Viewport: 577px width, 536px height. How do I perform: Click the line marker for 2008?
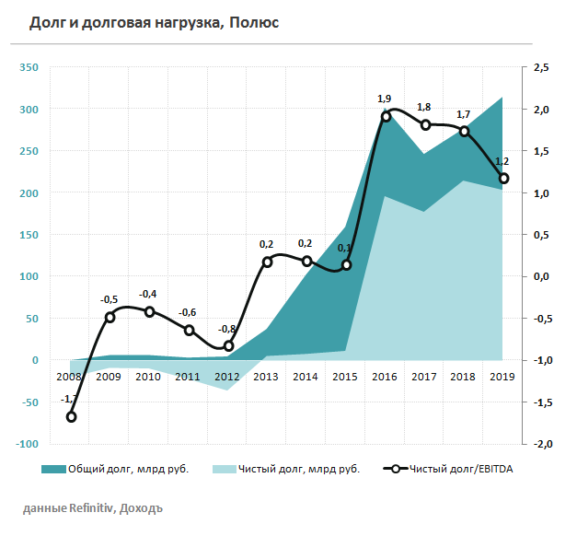point(71,417)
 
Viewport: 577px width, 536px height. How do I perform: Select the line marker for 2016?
point(386,116)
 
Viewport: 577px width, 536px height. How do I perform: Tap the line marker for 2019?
point(504,179)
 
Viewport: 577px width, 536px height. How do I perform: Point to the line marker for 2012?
point(229,346)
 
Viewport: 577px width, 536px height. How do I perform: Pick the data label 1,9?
point(385,98)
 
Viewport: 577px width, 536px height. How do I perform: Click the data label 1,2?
point(502,160)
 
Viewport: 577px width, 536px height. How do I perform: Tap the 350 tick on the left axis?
point(29,67)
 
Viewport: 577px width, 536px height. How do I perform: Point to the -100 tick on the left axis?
point(27,444)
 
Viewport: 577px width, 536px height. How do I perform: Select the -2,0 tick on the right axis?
point(541,444)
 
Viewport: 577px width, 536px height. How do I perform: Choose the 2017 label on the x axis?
point(424,377)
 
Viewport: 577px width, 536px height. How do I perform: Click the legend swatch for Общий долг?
point(55,469)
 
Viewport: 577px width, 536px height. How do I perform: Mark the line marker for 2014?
point(307,262)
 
